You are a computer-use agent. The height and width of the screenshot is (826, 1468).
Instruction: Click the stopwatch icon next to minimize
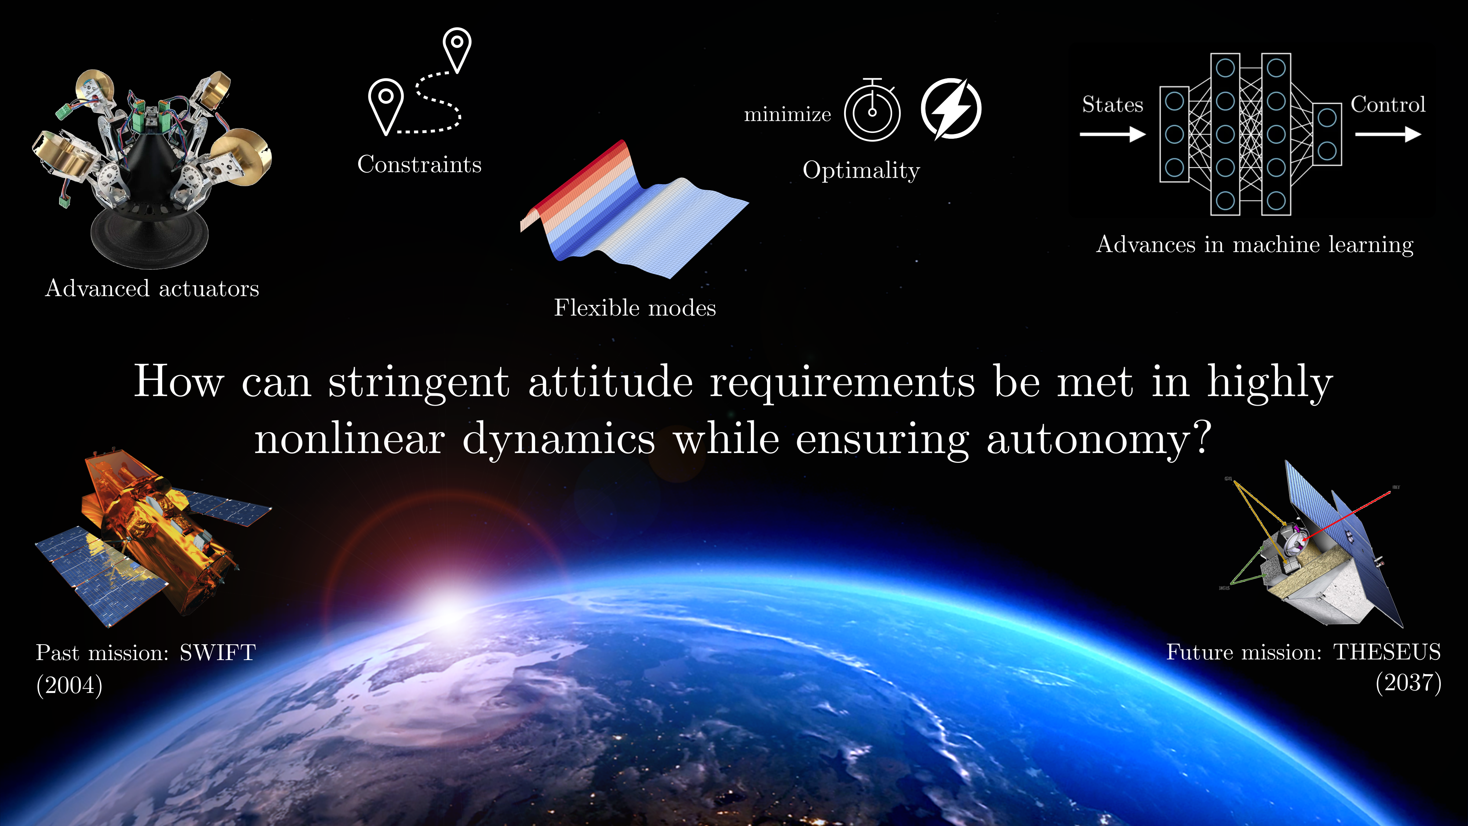click(x=872, y=112)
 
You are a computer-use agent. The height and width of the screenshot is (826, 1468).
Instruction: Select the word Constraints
click(x=419, y=165)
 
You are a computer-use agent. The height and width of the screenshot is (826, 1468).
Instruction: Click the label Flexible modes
click(x=635, y=308)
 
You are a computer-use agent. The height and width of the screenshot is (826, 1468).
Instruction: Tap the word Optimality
click(x=861, y=170)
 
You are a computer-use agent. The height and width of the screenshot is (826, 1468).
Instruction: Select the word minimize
click(x=788, y=115)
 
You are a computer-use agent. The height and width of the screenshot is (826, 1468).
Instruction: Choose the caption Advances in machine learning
click(x=1255, y=244)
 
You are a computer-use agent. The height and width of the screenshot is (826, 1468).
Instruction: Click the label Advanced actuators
click(x=152, y=289)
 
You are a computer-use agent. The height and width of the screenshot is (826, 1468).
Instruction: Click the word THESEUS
click(x=1387, y=652)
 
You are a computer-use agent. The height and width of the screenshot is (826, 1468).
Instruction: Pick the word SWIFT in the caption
click(x=218, y=653)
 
